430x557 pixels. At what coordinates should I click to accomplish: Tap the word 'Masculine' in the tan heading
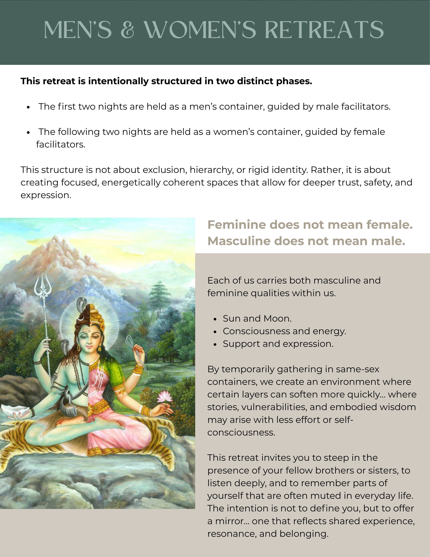[239, 241]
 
